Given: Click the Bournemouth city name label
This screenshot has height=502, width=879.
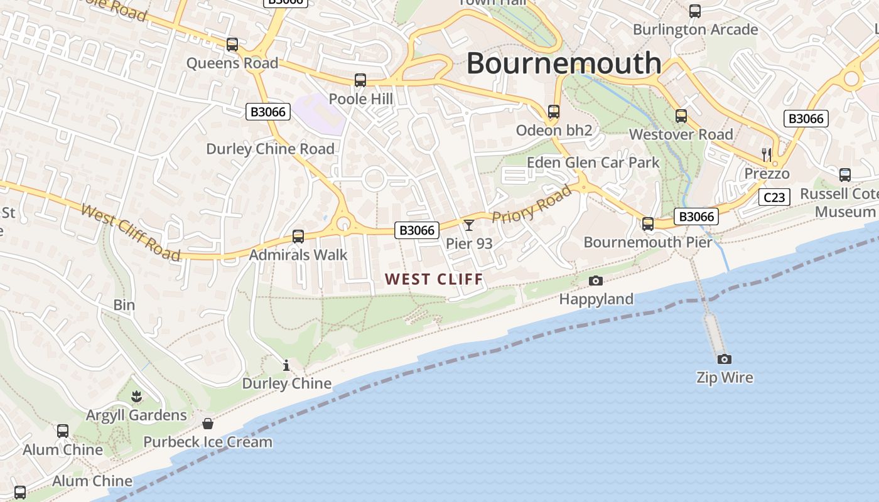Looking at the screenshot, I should click(564, 63).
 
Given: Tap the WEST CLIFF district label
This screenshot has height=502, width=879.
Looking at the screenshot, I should click(434, 279).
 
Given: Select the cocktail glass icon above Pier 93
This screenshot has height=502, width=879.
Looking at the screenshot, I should click(469, 225).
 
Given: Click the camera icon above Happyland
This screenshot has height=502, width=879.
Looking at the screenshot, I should click(596, 280).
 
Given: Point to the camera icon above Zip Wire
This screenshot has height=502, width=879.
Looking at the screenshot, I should click(725, 359).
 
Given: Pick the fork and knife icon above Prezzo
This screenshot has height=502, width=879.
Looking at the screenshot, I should click(766, 154).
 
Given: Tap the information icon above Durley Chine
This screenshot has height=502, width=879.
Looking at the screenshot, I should click(286, 365).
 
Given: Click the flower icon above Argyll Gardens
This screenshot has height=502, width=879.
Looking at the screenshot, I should click(136, 396).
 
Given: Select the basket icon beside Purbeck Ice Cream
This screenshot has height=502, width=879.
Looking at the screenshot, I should click(208, 424).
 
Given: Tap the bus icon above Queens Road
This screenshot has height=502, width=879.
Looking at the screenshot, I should click(232, 45).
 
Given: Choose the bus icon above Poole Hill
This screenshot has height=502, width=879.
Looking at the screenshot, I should click(360, 80).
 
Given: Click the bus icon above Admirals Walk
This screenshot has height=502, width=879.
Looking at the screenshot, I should click(298, 237).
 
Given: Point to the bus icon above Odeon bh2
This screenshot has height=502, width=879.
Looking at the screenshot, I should click(554, 112).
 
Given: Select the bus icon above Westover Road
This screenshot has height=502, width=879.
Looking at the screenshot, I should click(681, 116).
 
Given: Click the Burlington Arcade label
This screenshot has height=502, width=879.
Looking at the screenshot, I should click(695, 29).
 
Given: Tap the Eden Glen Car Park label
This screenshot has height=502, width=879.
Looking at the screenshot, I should click(593, 163).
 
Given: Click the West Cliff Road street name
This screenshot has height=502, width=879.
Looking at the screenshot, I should click(131, 232).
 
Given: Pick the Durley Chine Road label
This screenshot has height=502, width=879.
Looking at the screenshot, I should click(270, 149).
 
